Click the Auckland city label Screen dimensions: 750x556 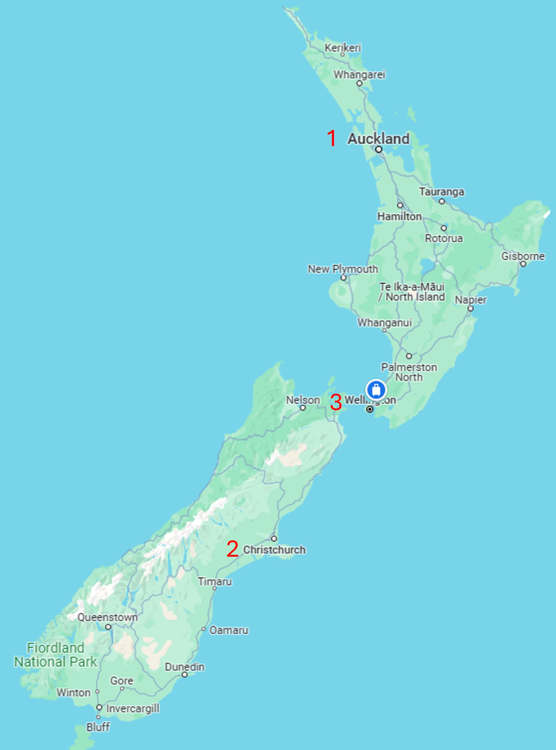click(378, 138)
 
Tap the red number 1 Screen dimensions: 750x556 click(332, 138)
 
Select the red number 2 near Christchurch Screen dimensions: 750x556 click(233, 548)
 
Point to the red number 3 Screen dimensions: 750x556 click(336, 402)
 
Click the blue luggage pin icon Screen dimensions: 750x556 click(376, 390)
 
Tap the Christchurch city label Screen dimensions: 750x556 click(274, 550)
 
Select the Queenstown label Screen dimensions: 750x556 click(107, 618)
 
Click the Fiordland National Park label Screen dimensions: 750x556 click(55, 655)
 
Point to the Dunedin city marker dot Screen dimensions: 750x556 click(184, 675)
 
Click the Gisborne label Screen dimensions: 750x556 click(523, 256)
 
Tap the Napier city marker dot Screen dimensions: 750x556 click(471, 308)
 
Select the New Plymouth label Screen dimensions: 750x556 click(343, 269)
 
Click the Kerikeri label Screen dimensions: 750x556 click(343, 48)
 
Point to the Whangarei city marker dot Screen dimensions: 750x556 click(359, 83)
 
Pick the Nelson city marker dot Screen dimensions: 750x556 click(303, 408)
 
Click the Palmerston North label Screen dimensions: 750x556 click(409, 372)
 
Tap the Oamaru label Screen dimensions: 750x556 click(229, 630)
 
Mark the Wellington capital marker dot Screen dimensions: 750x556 click(370, 409)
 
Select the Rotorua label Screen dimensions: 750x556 click(444, 238)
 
